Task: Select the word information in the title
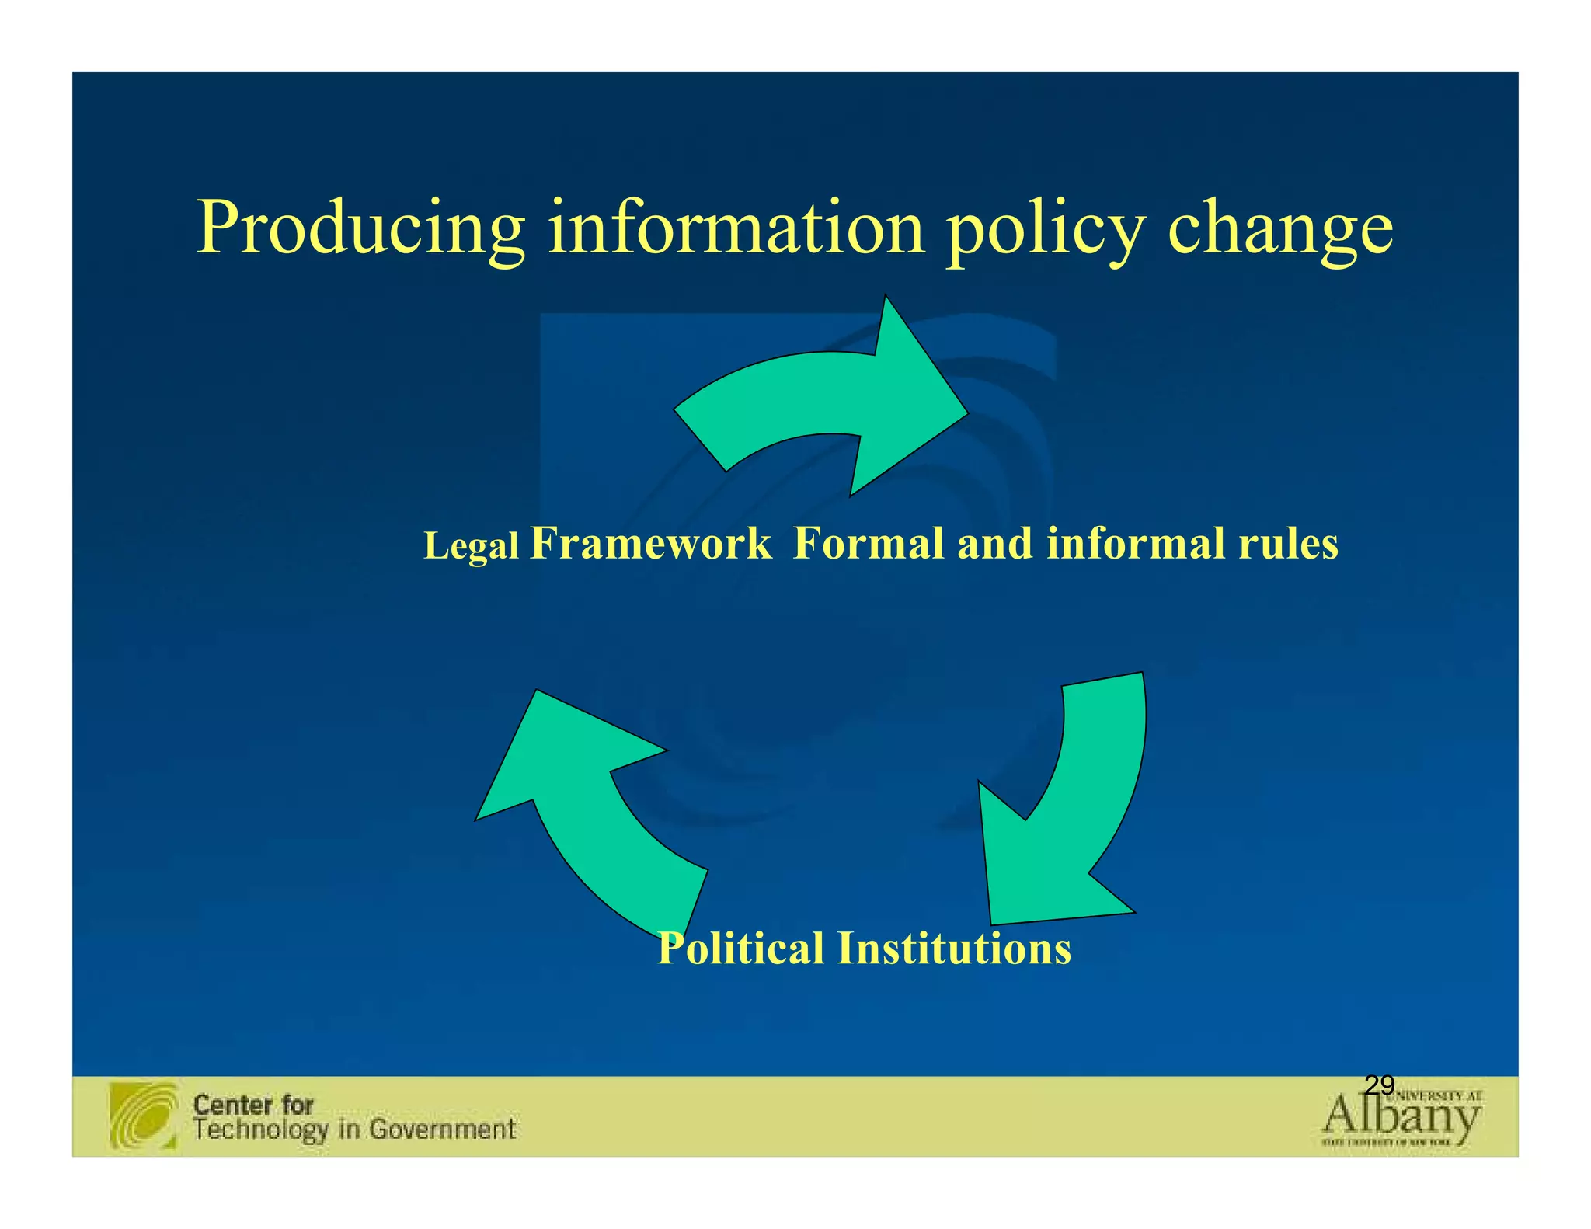click(736, 227)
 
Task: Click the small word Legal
click(471, 545)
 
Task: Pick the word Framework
click(650, 543)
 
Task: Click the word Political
click(740, 949)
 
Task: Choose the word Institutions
click(954, 949)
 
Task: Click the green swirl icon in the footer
click(144, 1116)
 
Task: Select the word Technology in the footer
click(260, 1130)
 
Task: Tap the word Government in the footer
click(442, 1129)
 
